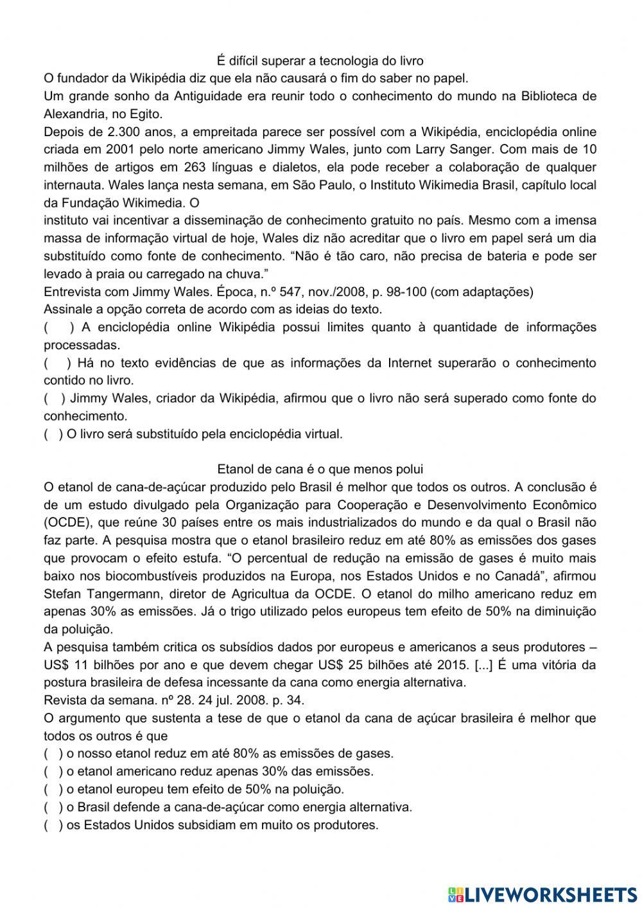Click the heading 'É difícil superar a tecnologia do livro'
pyautogui.click(x=320, y=61)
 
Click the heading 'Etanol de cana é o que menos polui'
pyautogui.click(x=320, y=469)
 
